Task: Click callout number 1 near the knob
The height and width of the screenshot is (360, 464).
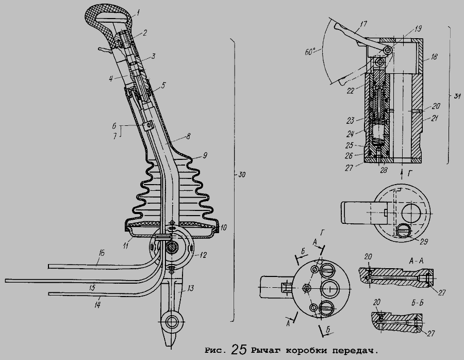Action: (x=139, y=12)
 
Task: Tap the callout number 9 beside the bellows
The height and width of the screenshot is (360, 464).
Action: (x=205, y=155)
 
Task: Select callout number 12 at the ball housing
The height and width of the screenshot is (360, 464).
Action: (x=203, y=255)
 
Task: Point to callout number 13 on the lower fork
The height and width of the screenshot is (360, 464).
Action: (x=190, y=288)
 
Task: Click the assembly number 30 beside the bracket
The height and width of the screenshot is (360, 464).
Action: (x=242, y=175)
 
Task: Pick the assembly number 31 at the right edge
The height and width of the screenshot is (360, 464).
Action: (x=457, y=96)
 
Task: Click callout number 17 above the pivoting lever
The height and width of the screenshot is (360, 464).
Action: (x=363, y=24)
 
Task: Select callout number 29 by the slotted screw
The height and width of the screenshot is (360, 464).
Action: (x=424, y=241)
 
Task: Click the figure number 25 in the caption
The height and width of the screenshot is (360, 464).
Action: (x=239, y=349)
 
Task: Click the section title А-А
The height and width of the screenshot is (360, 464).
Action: (x=416, y=261)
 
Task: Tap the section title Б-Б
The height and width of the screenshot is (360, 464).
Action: (x=417, y=304)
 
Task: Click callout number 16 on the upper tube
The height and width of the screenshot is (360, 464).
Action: (x=102, y=254)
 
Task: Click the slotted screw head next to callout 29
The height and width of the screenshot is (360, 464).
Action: (x=403, y=231)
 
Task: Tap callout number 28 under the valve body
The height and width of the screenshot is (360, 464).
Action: (x=384, y=171)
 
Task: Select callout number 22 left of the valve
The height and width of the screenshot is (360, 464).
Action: (x=351, y=90)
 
